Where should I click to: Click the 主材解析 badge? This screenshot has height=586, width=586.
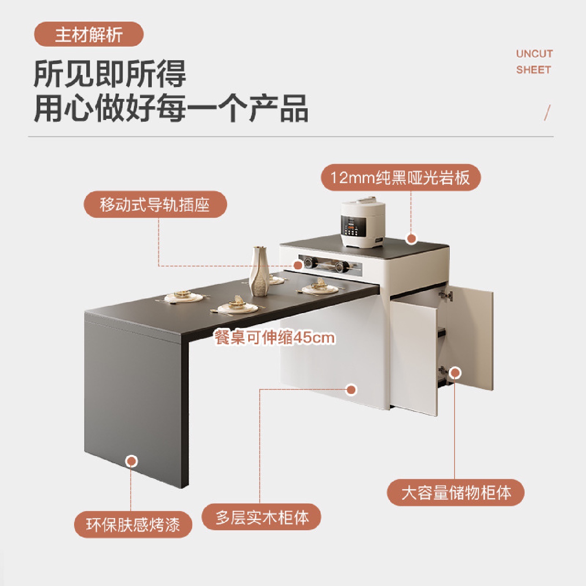pyautogui.click(x=89, y=35)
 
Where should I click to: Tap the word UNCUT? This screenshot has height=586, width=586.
pyautogui.click(x=534, y=54)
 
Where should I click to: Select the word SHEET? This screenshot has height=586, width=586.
pyautogui.click(x=533, y=70)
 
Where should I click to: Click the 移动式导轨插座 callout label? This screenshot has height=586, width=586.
pyautogui.click(x=155, y=204)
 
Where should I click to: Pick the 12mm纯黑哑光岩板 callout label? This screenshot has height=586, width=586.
pyautogui.click(x=400, y=178)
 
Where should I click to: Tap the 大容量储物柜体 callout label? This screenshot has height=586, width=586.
pyautogui.click(x=455, y=493)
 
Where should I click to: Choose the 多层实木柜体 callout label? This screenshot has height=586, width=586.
pyautogui.click(x=261, y=517)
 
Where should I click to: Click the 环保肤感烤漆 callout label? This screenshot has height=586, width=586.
pyautogui.click(x=133, y=525)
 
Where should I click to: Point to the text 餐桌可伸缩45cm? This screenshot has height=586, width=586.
pyautogui.click(x=275, y=338)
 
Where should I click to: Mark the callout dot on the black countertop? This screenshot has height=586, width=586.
pyautogui.click(x=411, y=239)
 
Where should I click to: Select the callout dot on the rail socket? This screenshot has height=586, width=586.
pyautogui.click(x=298, y=265)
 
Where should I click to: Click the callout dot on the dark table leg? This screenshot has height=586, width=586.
pyautogui.click(x=131, y=461)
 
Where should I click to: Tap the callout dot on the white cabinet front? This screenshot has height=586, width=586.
pyautogui.click(x=351, y=390)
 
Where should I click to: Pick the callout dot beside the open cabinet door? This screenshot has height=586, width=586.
pyautogui.click(x=455, y=372)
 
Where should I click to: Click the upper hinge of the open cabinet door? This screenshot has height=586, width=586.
pyautogui.click(x=446, y=295)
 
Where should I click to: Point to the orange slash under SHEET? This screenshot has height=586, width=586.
pyautogui.click(x=547, y=113)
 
